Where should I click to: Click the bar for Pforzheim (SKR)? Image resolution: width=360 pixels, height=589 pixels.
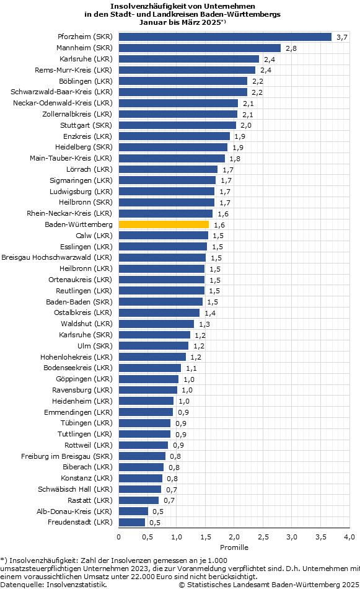coord(226,37)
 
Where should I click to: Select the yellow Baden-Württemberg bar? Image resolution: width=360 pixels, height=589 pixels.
coord(164,224)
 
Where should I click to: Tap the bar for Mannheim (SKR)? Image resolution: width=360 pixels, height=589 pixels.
coord(200,48)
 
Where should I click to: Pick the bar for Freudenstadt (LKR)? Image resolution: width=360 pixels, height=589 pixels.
coord(132,522)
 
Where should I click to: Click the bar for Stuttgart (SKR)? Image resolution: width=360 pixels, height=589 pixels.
coord(178,125)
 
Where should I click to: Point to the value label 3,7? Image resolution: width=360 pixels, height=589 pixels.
coord(342,37)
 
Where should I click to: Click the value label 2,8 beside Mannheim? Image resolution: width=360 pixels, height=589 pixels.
coord(291,48)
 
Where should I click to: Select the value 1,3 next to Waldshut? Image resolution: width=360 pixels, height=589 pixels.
coord(204,324)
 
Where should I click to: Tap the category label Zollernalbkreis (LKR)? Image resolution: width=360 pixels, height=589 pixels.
coord(77,114)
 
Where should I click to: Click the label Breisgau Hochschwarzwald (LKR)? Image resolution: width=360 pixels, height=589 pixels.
coord(57,258)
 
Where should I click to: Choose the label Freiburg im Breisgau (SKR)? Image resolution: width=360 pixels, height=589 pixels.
coord(67,456)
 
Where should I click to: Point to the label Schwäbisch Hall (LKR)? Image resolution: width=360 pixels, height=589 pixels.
coord(75,489)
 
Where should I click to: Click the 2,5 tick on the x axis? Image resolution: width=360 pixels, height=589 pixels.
coord(263,537)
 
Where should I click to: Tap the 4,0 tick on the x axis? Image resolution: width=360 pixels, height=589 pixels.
coord(349,537)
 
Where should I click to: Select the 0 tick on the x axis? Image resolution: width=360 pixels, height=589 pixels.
coord(118,537)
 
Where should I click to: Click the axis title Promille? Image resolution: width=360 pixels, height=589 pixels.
coord(234,547)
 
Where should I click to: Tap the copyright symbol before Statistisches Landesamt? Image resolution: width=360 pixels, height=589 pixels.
coord(182,585)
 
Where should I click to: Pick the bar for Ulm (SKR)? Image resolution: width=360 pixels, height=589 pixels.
coord(154,346)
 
